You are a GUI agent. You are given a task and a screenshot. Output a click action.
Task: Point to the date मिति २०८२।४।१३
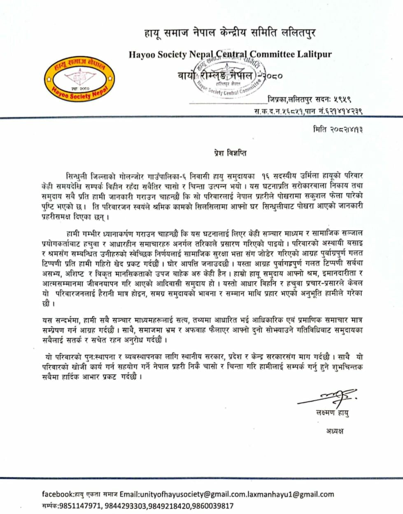pos(338,130)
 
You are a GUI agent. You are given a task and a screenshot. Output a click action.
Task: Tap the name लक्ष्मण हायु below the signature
pos(330,413)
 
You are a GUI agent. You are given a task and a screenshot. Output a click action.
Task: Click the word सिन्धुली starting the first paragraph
pos(77,175)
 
